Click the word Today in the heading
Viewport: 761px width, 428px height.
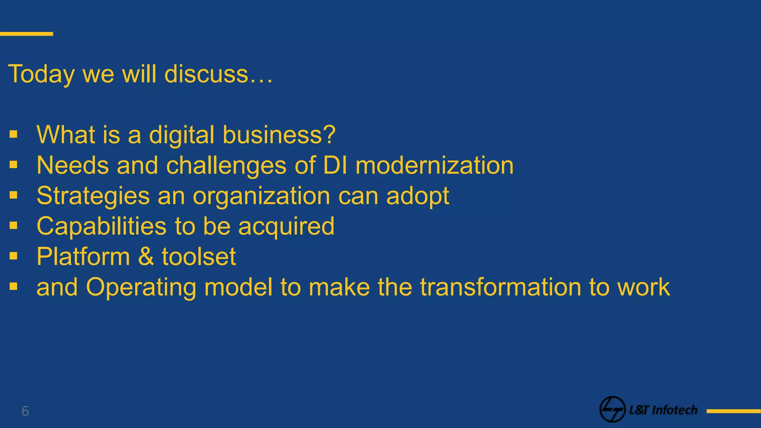[41, 74]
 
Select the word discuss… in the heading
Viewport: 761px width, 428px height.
[218, 74]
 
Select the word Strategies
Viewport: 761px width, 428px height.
[93, 196]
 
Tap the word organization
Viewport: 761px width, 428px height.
[261, 196]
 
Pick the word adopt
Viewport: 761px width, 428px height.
[418, 196]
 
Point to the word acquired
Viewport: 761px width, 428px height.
[286, 227]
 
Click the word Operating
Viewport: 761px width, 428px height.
[141, 288]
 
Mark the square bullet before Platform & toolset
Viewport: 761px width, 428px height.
[14, 256]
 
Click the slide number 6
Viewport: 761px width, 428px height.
[25, 411]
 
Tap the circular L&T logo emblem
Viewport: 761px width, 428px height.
[612, 409]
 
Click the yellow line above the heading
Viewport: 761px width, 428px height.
[26, 34]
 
